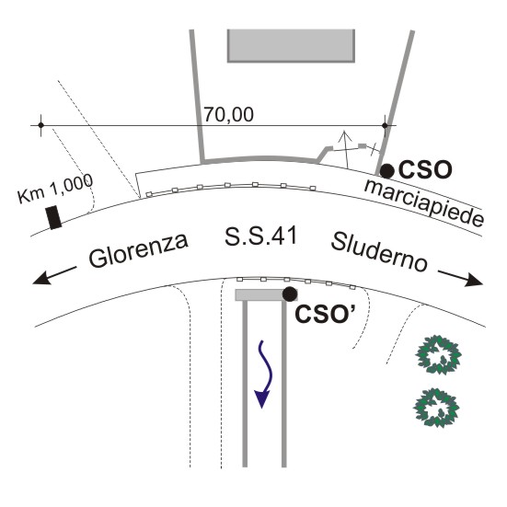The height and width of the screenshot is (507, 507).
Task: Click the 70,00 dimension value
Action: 228,115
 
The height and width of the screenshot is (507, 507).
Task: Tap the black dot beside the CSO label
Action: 387,171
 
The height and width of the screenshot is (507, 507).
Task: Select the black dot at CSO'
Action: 290,294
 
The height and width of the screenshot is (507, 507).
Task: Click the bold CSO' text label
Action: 325,314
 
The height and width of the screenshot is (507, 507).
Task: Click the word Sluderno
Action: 379,252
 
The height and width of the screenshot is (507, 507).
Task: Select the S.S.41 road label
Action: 261,236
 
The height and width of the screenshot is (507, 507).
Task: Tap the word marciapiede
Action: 424,203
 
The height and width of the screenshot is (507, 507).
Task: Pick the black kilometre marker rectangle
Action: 53,217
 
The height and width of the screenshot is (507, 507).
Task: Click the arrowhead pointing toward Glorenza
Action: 42,279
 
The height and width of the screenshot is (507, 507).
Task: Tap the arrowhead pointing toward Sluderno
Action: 474,280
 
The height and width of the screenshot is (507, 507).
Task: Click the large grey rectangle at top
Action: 292,46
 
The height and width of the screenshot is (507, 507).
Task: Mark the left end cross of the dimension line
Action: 40,125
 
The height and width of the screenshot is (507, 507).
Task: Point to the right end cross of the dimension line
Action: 385,125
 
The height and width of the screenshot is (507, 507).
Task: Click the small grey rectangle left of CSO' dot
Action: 260,294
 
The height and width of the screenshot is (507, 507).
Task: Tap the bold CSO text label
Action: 425,169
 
